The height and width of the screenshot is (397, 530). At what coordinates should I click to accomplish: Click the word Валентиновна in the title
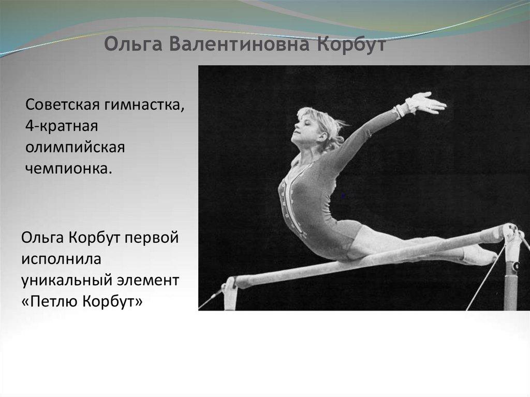[x=238, y=45]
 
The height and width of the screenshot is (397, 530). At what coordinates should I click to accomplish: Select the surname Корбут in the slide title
[x=351, y=45]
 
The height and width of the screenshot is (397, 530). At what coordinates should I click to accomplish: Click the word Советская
[x=63, y=105]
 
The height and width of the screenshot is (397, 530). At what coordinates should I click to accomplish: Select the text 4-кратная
[x=62, y=126]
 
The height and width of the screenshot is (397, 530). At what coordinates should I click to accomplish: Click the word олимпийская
[x=75, y=148]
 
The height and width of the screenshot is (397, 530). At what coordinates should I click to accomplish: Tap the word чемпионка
[x=69, y=168]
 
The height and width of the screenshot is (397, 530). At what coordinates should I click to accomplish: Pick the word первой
[x=152, y=238]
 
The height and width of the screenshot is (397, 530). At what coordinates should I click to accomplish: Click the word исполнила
[x=61, y=259]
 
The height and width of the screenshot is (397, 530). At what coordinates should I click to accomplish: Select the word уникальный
[x=67, y=281]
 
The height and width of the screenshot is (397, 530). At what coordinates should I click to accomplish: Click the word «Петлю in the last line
[x=50, y=301]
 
